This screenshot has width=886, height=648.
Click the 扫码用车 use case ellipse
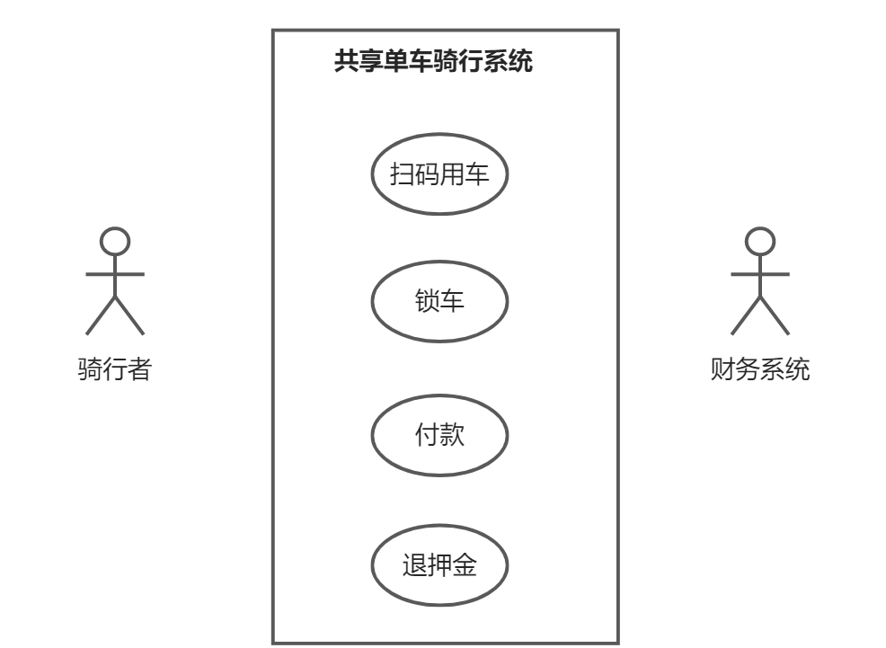point(439,173)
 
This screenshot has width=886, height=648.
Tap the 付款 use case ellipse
point(439,436)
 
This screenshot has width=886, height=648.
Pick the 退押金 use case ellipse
point(439,566)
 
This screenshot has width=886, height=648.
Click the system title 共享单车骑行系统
point(433,61)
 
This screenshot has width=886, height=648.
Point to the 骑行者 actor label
point(114,368)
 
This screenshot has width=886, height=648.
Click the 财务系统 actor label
point(759,368)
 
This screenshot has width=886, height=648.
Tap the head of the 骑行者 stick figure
point(115,241)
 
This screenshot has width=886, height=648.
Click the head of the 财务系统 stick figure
point(760,241)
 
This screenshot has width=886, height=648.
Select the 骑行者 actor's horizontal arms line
point(99,273)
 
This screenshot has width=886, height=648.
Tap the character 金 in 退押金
point(465,566)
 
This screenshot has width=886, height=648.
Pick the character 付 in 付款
point(426,436)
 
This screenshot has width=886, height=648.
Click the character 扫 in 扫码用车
point(402,173)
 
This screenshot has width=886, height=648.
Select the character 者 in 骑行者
point(138,368)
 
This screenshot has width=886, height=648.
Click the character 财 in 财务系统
point(722,368)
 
